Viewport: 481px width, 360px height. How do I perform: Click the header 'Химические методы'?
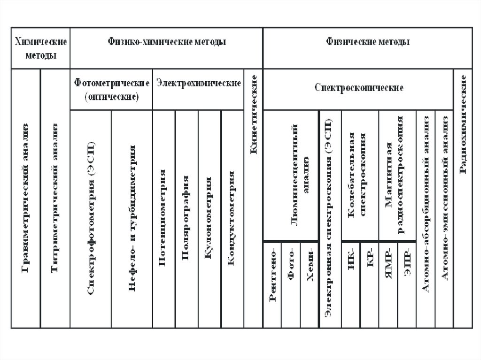click(41, 48)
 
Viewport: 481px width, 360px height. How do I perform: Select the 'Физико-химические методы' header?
click(167, 42)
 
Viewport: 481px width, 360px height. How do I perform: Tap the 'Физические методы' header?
click(368, 42)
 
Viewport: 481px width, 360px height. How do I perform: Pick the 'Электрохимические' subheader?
click(199, 83)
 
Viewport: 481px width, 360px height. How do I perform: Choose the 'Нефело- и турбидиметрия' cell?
click(132, 218)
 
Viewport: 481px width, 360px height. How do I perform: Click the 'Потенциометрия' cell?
click(163, 218)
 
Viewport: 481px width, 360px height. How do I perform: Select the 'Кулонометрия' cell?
click(209, 218)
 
